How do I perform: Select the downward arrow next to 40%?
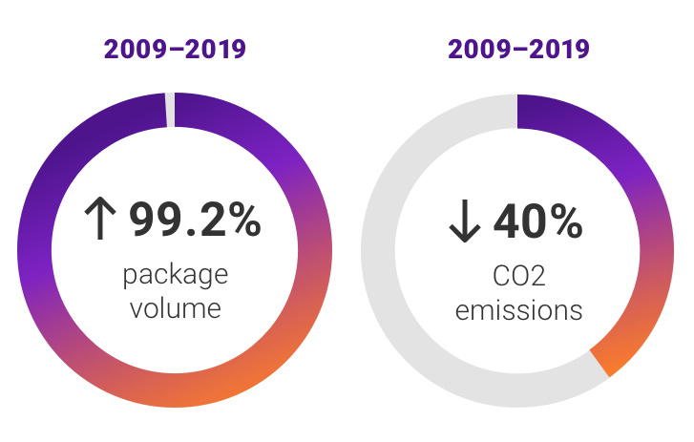[x=463, y=222]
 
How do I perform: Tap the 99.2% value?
[x=194, y=221]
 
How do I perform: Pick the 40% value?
[x=536, y=221]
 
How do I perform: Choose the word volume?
[x=175, y=308]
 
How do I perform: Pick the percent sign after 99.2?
[x=242, y=221]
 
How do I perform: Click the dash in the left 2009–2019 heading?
[x=175, y=50]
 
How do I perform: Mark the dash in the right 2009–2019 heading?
[x=518, y=50]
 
